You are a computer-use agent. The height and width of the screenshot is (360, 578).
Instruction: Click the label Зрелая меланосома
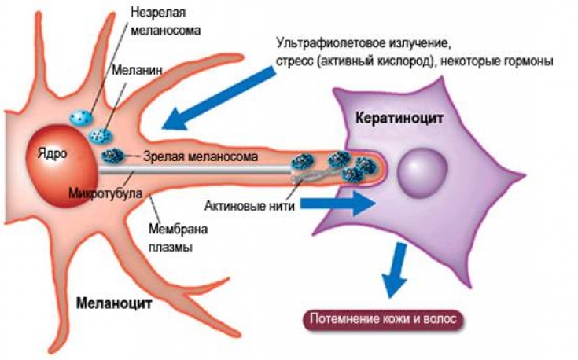coord(201,156)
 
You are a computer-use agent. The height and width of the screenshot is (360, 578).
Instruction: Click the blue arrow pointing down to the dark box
coord(392,270)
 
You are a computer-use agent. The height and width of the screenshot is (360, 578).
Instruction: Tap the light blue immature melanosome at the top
coord(79,117)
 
